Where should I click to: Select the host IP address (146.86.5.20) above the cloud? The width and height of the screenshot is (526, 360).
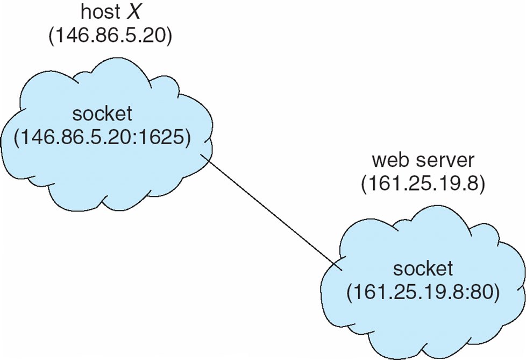(x=110, y=35)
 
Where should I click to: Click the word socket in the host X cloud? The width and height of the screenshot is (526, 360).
(x=102, y=114)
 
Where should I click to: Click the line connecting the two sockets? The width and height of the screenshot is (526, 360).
(x=271, y=213)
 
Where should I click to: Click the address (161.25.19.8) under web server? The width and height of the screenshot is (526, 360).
(x=423, y=183)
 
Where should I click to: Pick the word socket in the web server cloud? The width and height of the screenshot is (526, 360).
(x=423, y=269)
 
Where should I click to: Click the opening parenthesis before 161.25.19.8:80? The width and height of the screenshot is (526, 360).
(x=350, y=293)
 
